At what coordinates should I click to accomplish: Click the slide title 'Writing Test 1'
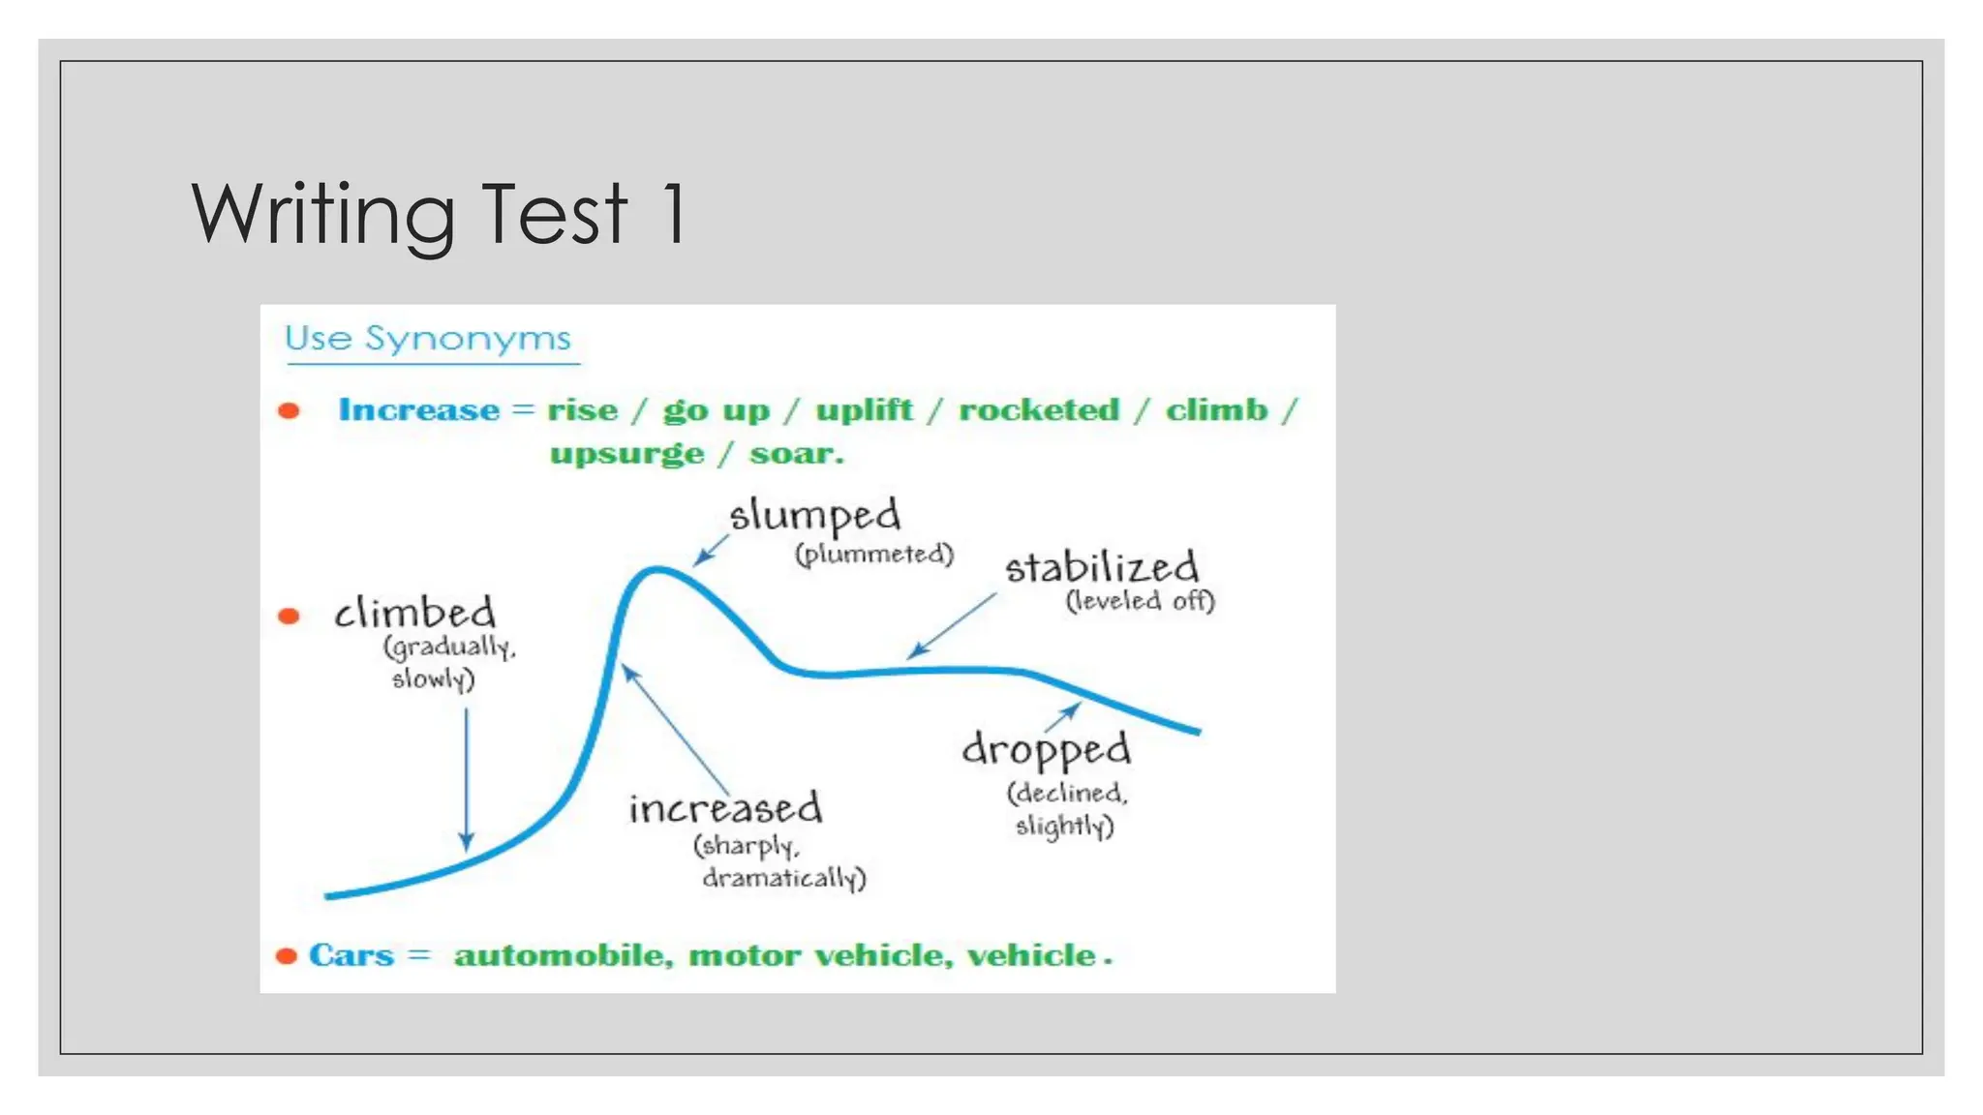pyautogui.click(x=441, y=215)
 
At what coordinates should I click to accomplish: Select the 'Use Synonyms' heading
pyautogui.click(x=428, y=339)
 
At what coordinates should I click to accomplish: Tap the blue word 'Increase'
pyautogui.click(x=418, y=409)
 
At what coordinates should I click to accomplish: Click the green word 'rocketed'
pyautogui.click(x=1039, y=409)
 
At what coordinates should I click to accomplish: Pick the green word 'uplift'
pyautogui.click(x=864, y=409)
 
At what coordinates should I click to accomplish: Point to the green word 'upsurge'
pyautogui.click(x=626, y=453)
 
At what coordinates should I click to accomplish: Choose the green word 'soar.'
pyautogui.click(x=796, y=453)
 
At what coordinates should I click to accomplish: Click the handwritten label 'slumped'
pyautogui.click(x=814, y=516)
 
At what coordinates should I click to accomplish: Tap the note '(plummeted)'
pyautogui.click(x=874, y=555)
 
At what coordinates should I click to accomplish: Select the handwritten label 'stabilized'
pyautogui.click(x=1101, y=568)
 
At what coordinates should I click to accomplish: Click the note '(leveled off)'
pyautogui.click(x=1140, y=601)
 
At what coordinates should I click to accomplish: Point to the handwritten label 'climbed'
pyautogui.click(x=414, y=614)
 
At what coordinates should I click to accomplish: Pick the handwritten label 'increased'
pyautogui.click(x=725, y=808)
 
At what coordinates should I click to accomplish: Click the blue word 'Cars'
pyautogui.click(x=351, y=955)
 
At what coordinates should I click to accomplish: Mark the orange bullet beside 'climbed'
pyautogui.click(x=289, y=616)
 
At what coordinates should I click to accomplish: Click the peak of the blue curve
pyautogui.click(x=656, y=569)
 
